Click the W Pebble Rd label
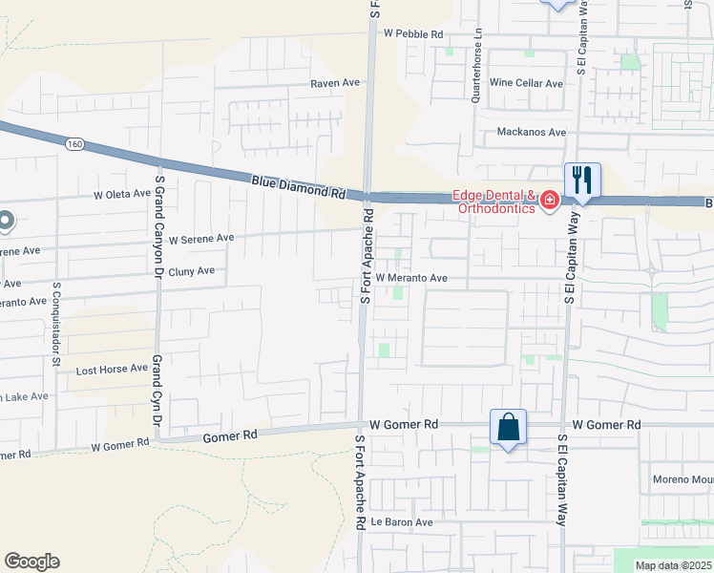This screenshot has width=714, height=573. coord(413,33)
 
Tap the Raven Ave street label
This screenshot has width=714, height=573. coord(335,83)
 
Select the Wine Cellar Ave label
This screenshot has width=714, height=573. coord(526,83)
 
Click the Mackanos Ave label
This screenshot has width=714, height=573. coord(532,132)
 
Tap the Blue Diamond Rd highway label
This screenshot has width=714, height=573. coord(298,185)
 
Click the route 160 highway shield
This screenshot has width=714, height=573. coord(74,144)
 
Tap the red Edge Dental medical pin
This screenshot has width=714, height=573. coord(549,201)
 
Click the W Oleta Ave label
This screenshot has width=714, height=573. coord(121,194)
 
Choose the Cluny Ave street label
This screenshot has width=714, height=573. coord(191,271)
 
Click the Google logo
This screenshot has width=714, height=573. coord(31,562)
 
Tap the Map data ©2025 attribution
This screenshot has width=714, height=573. coord(673,565)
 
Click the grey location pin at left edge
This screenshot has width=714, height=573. coord(5,222)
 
